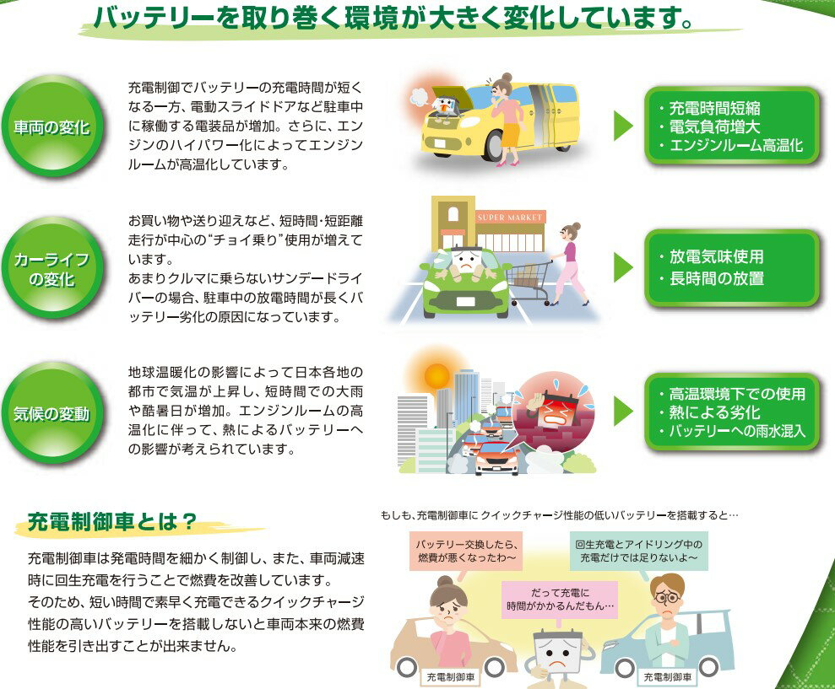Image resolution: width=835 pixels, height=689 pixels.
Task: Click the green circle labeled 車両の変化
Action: click(x=52, y=127)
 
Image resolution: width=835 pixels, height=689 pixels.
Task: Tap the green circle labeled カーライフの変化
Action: click(x=52, y=269)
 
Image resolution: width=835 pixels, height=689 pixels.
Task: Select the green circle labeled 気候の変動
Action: click(x=52, y=414)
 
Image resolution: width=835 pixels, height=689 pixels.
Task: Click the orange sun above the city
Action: click(x=437, y=376)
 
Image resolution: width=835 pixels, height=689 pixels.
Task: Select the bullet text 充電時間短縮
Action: click(x=714, y=108)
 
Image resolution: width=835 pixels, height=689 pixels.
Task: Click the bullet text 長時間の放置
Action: click(x=716, y=278)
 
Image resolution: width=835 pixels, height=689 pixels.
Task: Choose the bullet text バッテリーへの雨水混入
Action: click(x=737, y=432)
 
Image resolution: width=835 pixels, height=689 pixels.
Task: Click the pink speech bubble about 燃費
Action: click(x=467, y=550)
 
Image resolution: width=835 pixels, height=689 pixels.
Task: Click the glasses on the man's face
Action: click(x=667, y=598)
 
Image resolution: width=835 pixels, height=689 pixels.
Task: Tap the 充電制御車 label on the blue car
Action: click(x=667, y=676)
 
